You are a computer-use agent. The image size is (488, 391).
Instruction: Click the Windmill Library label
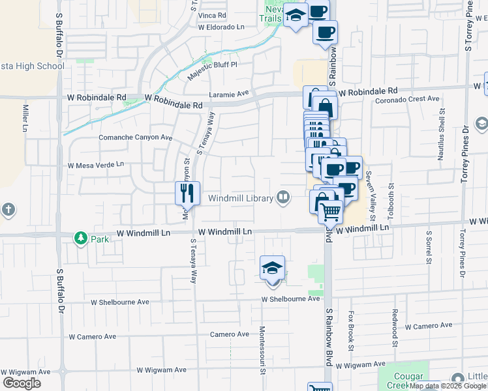(240, 199)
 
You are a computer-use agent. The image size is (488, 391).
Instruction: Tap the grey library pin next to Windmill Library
(283, 197)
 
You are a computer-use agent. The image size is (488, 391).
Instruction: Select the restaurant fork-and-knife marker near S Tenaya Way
(187, 192)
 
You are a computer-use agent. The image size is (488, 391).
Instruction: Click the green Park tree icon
(81, 239)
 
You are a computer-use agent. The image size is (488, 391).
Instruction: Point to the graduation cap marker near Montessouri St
(273, 267)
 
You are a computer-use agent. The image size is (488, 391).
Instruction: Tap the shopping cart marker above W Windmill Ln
(331, 211)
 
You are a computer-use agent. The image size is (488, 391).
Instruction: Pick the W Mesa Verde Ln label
(95, 165)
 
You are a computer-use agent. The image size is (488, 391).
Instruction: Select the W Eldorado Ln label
(221, 27)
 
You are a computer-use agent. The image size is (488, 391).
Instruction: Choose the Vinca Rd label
(213, 14)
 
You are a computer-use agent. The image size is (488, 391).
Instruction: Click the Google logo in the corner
(22, 383)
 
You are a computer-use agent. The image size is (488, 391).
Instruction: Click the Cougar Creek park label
(410, 381)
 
